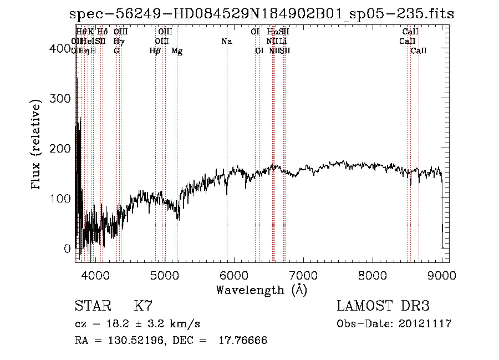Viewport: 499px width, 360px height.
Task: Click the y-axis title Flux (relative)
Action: (x=37, y=145)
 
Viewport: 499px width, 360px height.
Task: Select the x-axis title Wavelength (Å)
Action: (x=261, y=290)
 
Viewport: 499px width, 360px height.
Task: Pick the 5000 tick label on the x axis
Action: (x=165, y=275)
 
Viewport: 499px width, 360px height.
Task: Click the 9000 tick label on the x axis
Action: (x=442, y=275)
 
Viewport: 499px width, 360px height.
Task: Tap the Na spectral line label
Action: (x=226, y=41)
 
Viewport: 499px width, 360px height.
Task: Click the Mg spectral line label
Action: (x=177, y=51)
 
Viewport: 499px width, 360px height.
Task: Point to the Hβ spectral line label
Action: (x=155, y=51)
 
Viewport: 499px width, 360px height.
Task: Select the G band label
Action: (x=116, y=51)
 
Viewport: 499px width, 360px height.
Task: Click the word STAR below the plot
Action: (x=90, y=306)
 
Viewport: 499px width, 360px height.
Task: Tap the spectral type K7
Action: (x=143, y=306)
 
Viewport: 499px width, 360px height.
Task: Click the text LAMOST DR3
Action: (x=383, y=306)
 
